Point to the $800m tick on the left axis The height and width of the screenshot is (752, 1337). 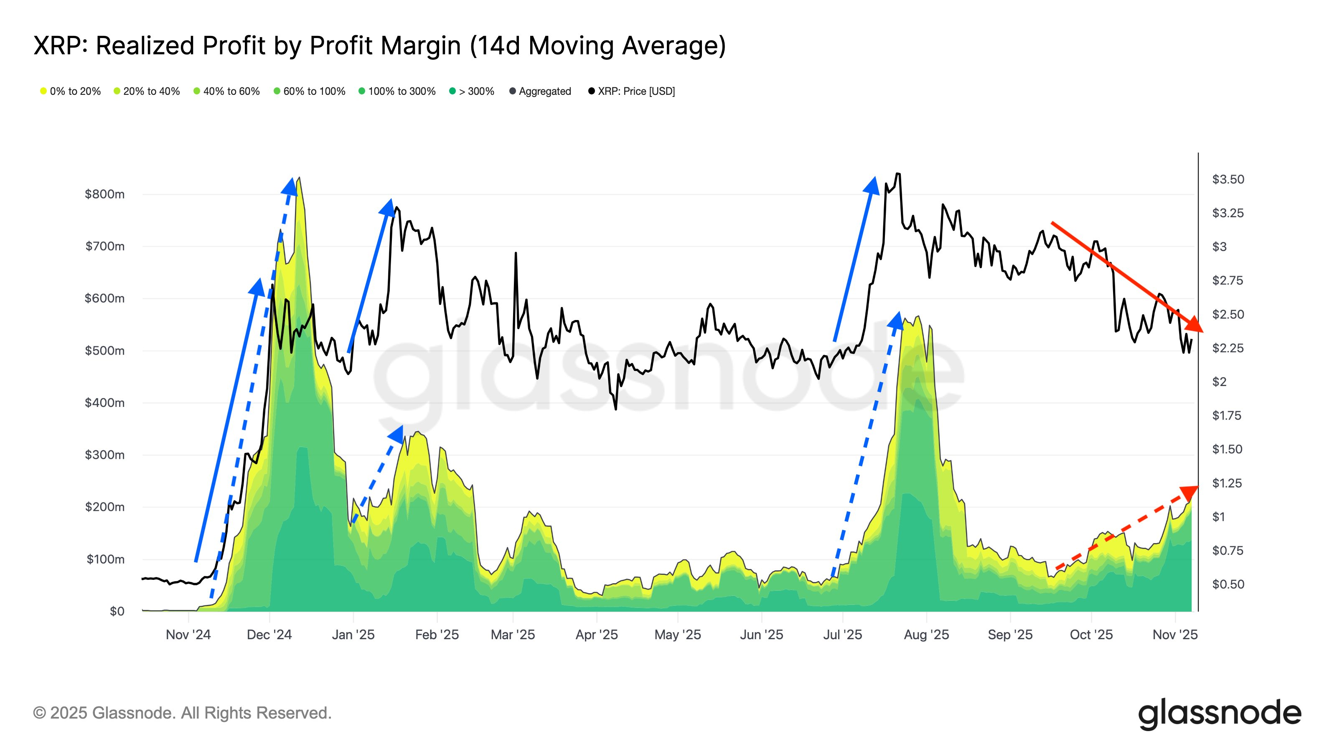[104, 194]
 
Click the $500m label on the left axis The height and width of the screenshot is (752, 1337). [104, 351]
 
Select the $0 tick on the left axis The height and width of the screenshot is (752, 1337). [117, 611]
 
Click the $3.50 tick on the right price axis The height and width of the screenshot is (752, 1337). [1228, 179]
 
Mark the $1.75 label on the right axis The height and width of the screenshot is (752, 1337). [1226, 415]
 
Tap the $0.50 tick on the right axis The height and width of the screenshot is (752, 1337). [1228, 584]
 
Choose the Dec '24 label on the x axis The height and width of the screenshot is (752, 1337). [269, 634]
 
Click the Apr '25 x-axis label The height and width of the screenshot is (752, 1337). [596, 634]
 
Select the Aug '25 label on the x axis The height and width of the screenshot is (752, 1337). [926, 634]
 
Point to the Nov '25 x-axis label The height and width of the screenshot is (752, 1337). [1174, 634]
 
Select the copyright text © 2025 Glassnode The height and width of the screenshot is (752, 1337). [182, 713]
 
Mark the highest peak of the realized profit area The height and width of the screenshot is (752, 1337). [300, 178]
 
